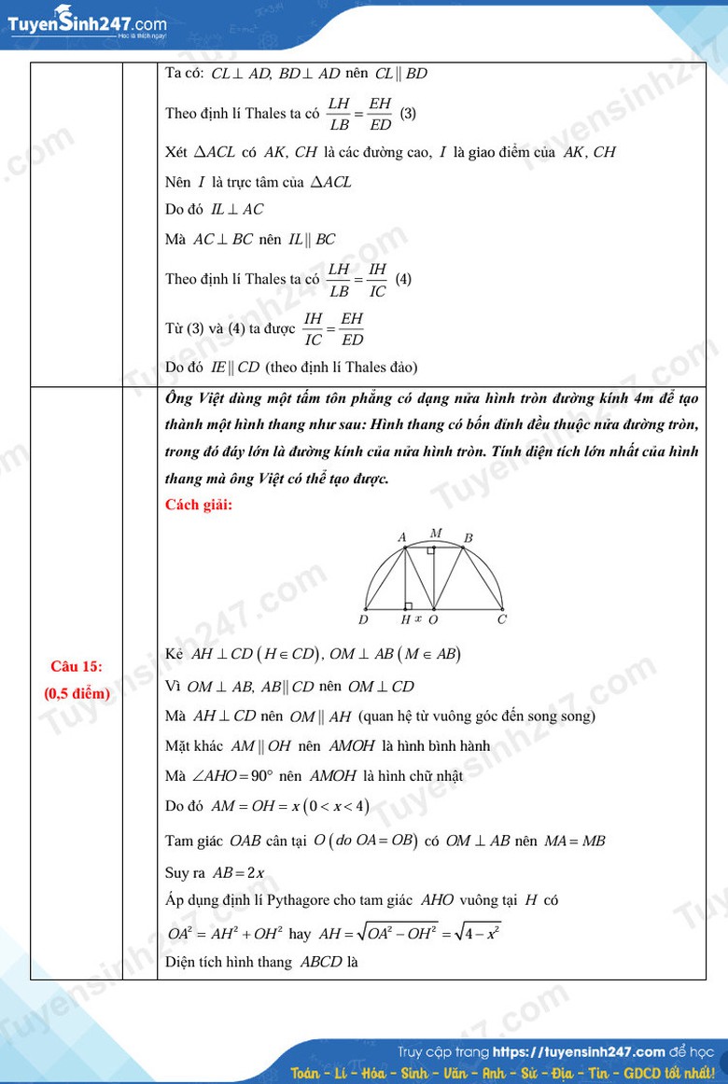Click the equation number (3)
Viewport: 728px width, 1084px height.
pos(408,114)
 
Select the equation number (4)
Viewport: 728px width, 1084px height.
pos(403,278)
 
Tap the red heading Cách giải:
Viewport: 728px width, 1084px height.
pos(199,506)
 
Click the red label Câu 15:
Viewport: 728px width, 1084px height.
pos(77,666)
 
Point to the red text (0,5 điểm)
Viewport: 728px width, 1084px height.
pos(77,693)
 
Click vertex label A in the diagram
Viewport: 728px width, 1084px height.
pos(402,537)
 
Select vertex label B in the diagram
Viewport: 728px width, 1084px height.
pos(469,538)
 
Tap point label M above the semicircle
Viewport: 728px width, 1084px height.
pos(436,534)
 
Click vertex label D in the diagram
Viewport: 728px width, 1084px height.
pos(363,619)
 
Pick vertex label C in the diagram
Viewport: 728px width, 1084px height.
pos(502,619)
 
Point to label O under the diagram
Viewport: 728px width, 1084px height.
pos(433,619)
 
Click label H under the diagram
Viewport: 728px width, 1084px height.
pos(405,619)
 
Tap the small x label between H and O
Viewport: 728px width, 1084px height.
pos(418,618)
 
